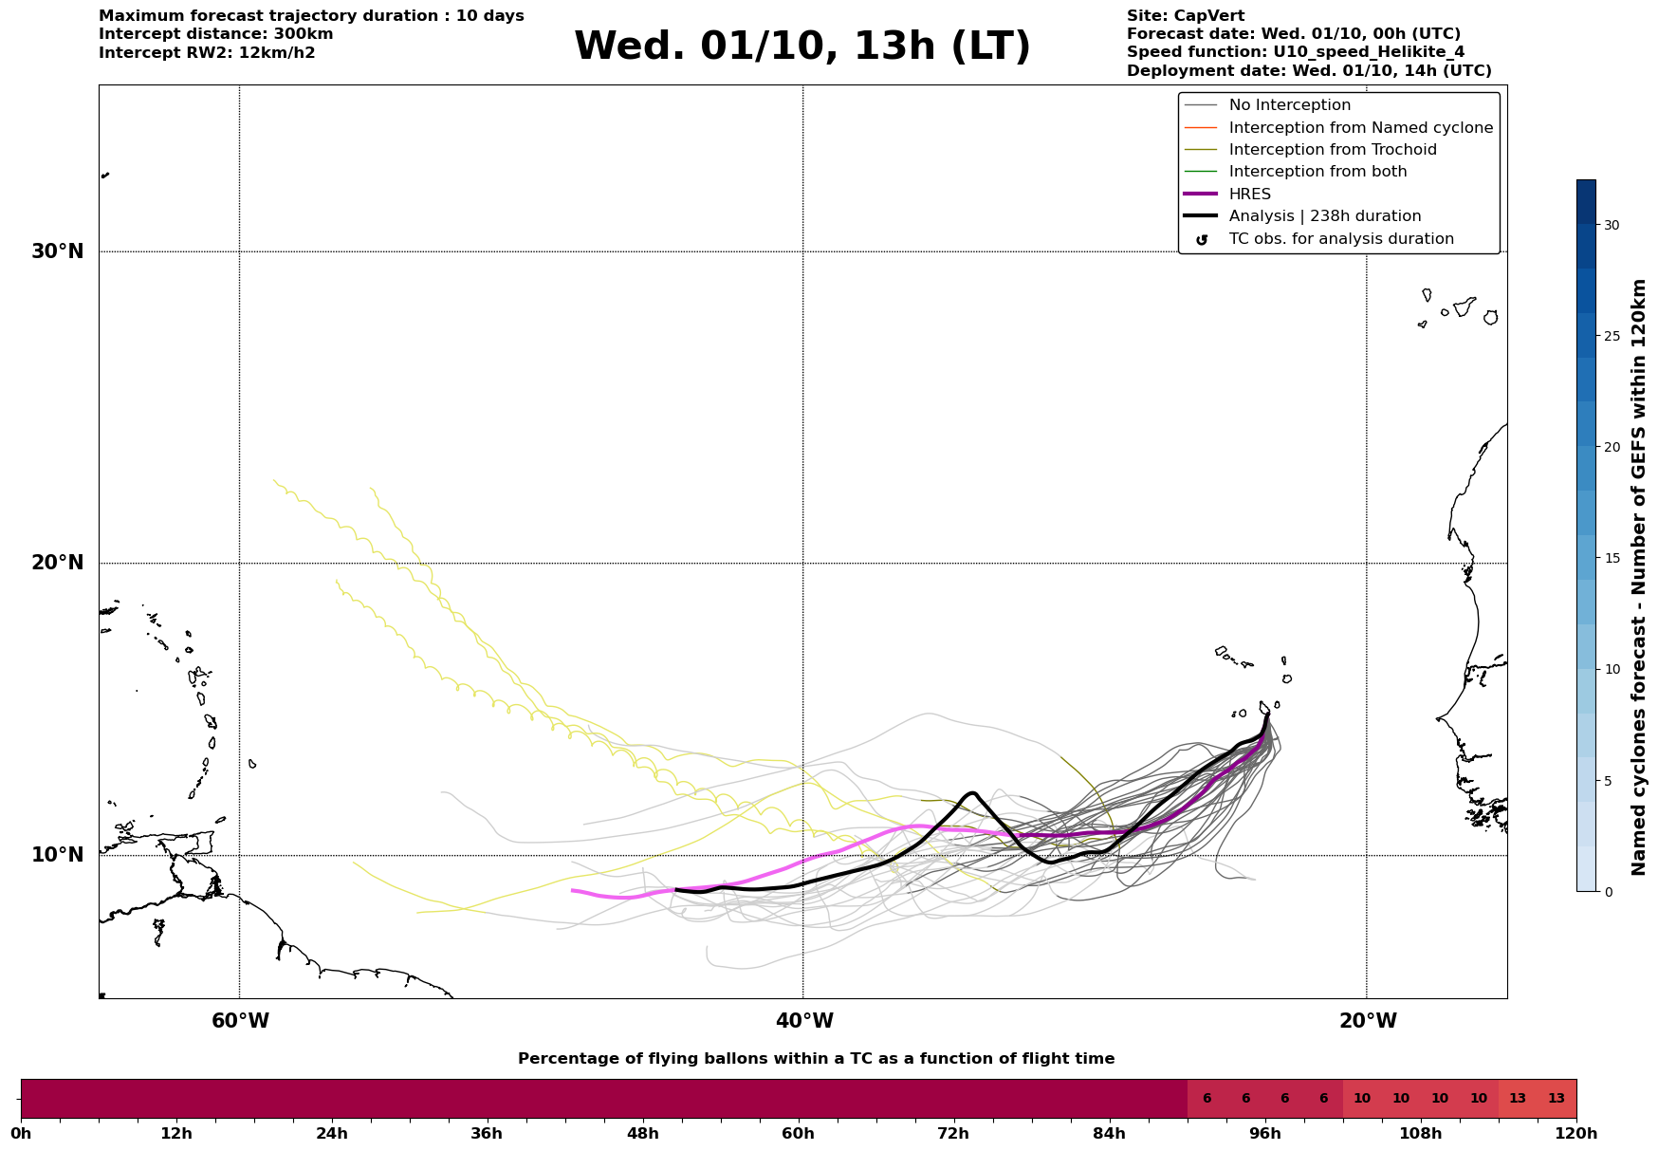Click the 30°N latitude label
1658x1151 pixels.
pyautogui.click(x=57, y=251)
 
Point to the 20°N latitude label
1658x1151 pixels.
pyautogui.click(x=57, y=563)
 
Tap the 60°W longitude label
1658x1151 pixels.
pyautogui.click(x=240, y=1021)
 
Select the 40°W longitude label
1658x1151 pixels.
pyautogui.click(x=804, y=1021)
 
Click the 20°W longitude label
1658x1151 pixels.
pyautogui.click(x=1368, y=1021)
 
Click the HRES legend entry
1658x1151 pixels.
pyautogui.click(x=1249, y=195)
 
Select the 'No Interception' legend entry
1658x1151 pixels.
pyautogui.click(x=1289, y=105)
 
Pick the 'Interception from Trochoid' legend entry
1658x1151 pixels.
pyautogui.click(x=1332, y=150)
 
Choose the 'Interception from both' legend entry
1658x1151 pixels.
pyautogui.click(x=1317, y=172)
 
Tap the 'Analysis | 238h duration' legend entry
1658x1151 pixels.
pyautogui.click(x=1324, y=216)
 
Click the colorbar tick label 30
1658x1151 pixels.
pyautogui.click(x=1612, y=225)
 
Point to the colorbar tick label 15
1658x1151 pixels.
pyautogui.click(x=1612, y=558)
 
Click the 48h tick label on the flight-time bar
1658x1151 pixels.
pyautogui.click(x=642, y=1133)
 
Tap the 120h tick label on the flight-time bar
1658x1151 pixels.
pyautogui.click(x=1576, y=1133)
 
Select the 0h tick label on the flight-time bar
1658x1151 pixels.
pyautogui.click(x=21, y=1133)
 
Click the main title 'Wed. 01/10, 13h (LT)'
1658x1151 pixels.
pyautogui.click(x=801, y=46)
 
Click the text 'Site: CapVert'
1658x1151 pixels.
pyautogui.click(x=1186, y=16)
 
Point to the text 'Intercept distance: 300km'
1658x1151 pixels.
pyautogui.click(x=215, y=34)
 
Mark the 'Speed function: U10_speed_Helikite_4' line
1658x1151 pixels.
pyautogui.click(x=1295, y=52)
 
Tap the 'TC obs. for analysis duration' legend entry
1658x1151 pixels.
pyautogui.click(x=1340, y=239)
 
